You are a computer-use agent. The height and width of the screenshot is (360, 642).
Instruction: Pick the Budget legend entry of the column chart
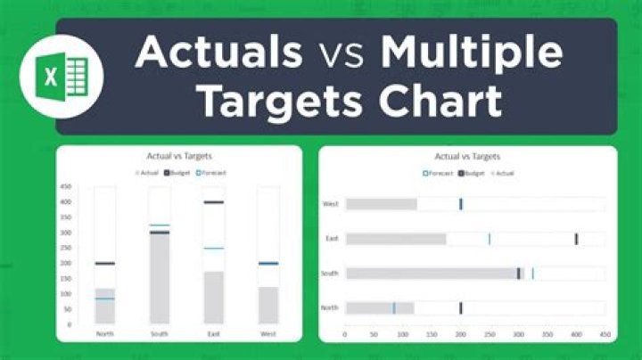click(x=179, y=171)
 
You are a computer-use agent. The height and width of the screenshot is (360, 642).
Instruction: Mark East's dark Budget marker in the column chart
click(x=213, y=202)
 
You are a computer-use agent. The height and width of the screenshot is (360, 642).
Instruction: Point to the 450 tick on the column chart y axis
click(x=66, y=187)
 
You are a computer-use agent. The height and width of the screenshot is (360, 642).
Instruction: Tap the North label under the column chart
click(x=105, y=333)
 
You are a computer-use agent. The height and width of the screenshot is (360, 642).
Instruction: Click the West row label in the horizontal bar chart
click(x=330, y=205)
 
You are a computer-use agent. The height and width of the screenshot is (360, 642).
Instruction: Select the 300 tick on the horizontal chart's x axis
click(x=518, y=335)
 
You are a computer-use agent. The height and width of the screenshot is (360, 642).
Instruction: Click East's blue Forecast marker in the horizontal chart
click(x=489, y=239)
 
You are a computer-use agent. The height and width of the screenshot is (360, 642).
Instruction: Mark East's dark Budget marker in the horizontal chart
click(x=576, y=239)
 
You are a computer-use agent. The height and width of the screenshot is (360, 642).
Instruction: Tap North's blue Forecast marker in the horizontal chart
click(x=393, y=308)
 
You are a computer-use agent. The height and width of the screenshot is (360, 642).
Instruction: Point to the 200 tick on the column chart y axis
click(x=66, y=263)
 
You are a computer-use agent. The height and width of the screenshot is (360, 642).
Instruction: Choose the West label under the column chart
click(x=267, y=333)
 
